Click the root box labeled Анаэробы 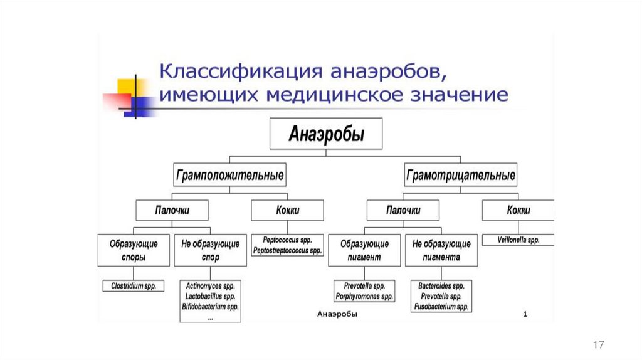[325, 134]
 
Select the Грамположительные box [229, 174]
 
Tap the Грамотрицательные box [461, 174]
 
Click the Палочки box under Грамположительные [172, 211]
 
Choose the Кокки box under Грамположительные [287, 211]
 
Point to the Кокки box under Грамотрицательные [518, 211]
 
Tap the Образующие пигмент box [364, 250]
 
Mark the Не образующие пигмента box [441, 250]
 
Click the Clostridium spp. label [134, 285]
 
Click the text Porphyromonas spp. [364, 296]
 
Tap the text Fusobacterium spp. [441, 307]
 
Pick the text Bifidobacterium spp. [211, 307]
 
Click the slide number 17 [598, 344]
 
